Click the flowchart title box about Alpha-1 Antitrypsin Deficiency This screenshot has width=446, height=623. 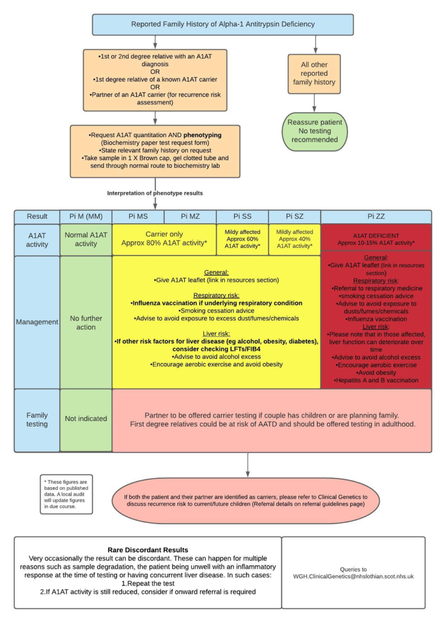(x=223, y=24)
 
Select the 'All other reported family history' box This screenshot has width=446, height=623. (x=314, y=73)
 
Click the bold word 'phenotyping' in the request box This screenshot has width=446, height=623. (x=205, y=134)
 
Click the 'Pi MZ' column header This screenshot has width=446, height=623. (x=190, y=216)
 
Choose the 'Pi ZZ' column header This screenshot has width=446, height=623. (x=376, y=216)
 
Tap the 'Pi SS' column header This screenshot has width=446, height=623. (x=242, y=216)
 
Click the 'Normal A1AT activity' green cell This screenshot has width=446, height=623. (x=86, y=239)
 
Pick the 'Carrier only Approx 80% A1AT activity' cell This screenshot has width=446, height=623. (x=164, y=239)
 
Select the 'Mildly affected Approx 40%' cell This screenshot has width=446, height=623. (x=295, y=239)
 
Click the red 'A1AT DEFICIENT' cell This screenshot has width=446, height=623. (x=376, y=239)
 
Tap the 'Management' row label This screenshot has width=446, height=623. (x=37, y=322)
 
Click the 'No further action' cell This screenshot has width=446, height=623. (x=86, y=322)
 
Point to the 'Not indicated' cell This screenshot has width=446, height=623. (x=86, y=419)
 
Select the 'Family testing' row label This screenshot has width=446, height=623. (x=37, y=419)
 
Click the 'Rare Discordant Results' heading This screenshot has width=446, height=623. (x=147, y=549)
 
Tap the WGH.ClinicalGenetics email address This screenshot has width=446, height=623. (x=353, y=576)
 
